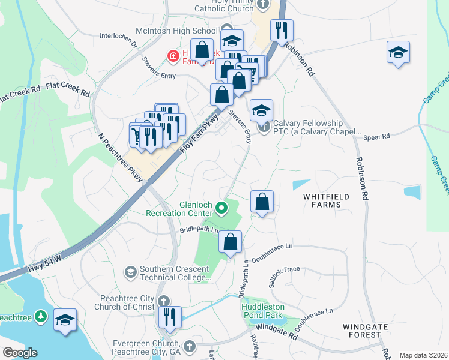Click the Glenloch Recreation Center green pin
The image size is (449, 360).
[x=221, y=209]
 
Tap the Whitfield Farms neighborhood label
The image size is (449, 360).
[x=322, y=200]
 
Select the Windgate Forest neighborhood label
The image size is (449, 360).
[x=366, y=331]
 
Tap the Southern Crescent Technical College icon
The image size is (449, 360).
[x=130, y=273]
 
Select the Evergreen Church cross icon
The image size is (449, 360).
[x=190, y=346]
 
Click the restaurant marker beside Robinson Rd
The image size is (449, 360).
[x=282, y=30]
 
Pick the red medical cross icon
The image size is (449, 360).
[x=173, y=56]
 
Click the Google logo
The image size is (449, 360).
[x=20, y=353]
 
